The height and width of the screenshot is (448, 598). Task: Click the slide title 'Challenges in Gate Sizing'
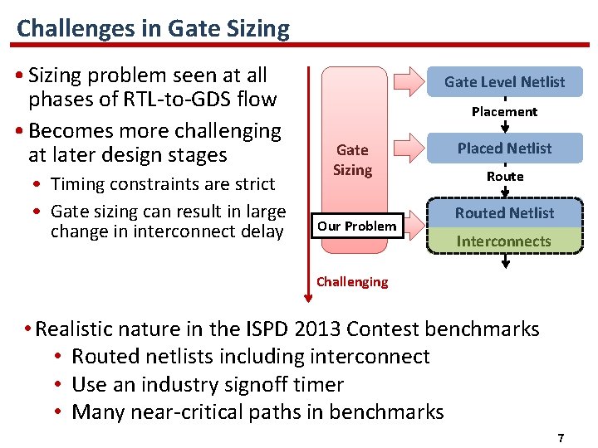[x=153, y=29]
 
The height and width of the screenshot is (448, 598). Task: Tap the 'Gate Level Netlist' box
[x=504, y=82]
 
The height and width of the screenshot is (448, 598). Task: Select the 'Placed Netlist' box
[x=504, y=149]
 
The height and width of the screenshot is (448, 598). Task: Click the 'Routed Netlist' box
[x=504, y=213]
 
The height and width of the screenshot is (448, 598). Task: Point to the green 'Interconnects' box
[x=504, y=241]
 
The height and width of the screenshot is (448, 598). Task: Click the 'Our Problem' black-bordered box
[x=357, y=226]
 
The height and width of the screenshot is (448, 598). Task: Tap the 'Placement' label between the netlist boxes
[x=504, y=111]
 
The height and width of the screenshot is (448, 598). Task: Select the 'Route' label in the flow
[x=504, y=176]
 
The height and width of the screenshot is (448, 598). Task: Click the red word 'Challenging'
[x=352, y=281]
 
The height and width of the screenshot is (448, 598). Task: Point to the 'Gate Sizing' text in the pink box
[x=352, y=159]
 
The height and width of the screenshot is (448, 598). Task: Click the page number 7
[x=561, y=437]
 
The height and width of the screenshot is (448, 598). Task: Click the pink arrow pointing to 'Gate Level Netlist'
[x=410, y=81]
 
